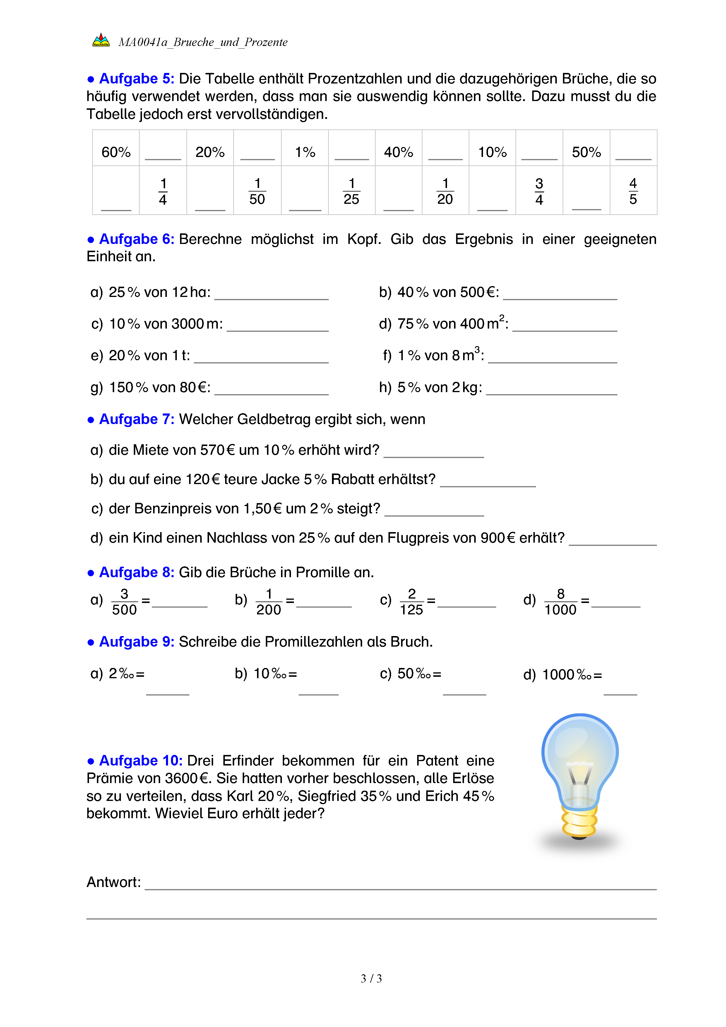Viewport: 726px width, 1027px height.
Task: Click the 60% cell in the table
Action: [x=116, y=152]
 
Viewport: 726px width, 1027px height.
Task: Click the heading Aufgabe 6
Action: [x=136, y=239]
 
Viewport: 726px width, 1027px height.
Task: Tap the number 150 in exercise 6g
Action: [x=121, y=387]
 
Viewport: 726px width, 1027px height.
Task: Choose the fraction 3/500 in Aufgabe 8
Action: [x=124, y=602]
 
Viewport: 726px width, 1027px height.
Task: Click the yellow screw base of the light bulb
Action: [x=579, y=823]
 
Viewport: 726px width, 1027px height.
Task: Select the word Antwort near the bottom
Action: [x=113, y=882]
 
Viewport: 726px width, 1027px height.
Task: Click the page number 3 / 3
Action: [x=371, y=979]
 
